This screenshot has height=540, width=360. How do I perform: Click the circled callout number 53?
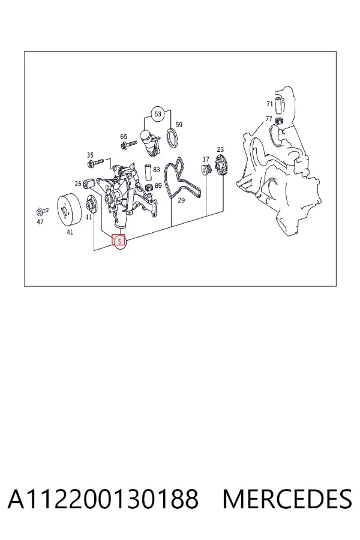point(157,114)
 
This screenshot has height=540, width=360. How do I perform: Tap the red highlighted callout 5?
point(119,241)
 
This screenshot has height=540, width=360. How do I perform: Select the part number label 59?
point(179,125)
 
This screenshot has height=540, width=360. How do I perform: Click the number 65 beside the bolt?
point(124,137)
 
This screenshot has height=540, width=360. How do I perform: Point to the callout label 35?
point(90,155)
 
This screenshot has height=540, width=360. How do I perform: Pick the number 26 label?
point(78,184)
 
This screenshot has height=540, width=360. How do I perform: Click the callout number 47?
point(40,222)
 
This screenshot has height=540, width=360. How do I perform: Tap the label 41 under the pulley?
point(70,232)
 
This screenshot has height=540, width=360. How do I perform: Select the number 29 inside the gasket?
point(181,200)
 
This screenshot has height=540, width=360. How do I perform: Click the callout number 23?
point(220,149)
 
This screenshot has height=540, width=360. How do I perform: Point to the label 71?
point(270,104)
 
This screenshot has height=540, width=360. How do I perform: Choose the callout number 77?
point(269,119)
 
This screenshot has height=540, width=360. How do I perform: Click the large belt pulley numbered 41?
point(69,211)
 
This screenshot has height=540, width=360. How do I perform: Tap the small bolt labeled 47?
point(43,211)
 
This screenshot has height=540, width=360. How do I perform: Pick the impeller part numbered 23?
point(220,165)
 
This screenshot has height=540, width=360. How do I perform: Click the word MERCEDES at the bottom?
point(287,499)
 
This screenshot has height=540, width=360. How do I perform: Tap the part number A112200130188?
point(103,499)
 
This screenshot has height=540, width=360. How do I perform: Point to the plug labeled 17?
point(206,170)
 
